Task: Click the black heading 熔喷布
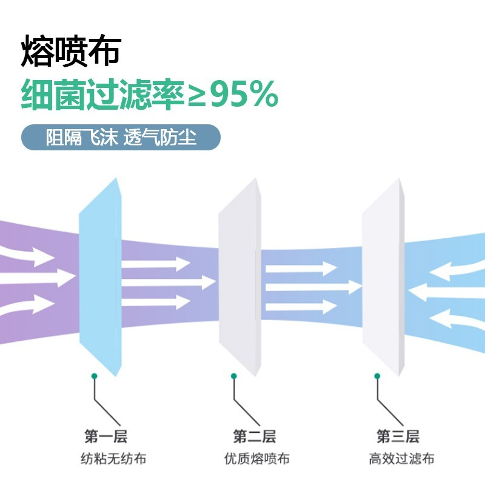point(71,51)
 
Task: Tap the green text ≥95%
point(233,94)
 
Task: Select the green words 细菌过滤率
point(103,95)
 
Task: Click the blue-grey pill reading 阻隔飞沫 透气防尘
point(121,138)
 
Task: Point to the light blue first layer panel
point(101,277)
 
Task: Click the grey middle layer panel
point(240,277)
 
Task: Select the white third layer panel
point(384,277)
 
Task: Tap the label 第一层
point(105,436)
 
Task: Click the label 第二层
point(254,436)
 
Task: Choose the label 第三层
point(398,436)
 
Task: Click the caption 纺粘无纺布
point(113,458)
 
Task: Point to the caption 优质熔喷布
point(256,458)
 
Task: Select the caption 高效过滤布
point(401,458)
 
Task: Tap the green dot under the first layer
point(95,376)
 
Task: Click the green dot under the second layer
point(234,376)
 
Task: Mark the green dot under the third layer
point(377,376)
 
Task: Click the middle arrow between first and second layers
point(169,283)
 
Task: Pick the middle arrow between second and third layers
point(313,287)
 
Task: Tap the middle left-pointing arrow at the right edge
point(446,293)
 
